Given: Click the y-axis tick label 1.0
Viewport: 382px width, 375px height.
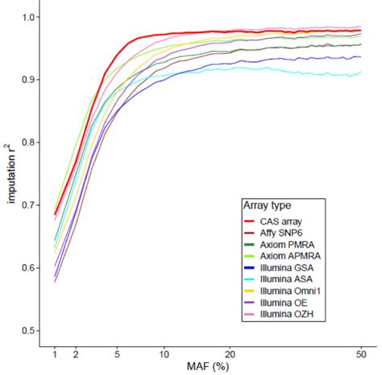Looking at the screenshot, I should coord(29,17).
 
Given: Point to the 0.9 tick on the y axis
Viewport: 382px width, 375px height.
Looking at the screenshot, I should coord(29,80).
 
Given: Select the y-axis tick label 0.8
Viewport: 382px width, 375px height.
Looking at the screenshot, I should coord(29,142).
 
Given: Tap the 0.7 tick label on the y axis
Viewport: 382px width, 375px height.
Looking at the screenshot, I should coord(29,205).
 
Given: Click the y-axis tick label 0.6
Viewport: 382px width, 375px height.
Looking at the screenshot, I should coord(29,268).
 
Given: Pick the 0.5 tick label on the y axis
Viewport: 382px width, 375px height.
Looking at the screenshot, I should coord(29,331).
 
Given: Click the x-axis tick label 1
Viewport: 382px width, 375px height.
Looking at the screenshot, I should coord(55,352).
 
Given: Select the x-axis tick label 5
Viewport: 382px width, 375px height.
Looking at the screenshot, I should coord(118,352).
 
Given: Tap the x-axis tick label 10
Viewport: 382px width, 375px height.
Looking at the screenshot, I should coord(164,352).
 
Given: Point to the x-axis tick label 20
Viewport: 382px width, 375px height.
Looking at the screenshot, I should coord(231,352).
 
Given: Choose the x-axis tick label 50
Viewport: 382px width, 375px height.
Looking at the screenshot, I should coord(362,352).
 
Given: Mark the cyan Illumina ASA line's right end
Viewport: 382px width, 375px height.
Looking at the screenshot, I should coord(361,72).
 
